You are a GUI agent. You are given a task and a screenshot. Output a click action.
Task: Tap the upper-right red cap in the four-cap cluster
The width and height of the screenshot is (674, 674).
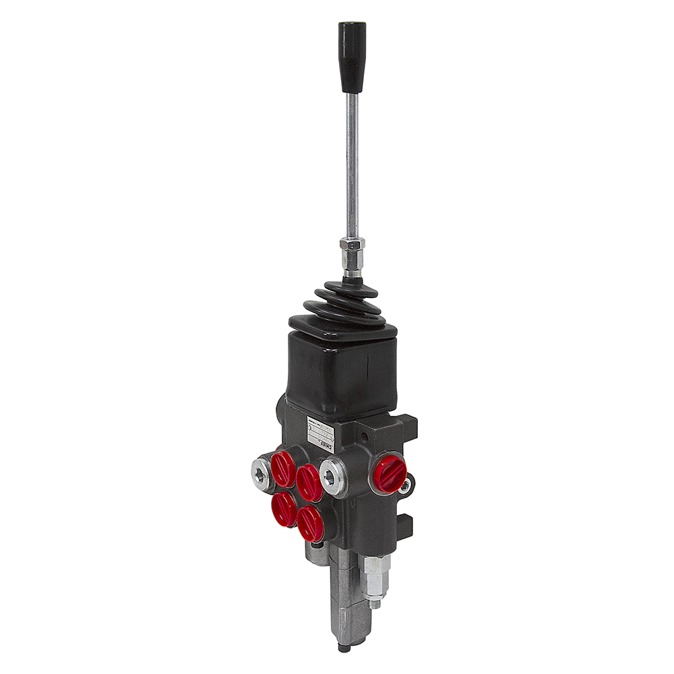309,480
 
